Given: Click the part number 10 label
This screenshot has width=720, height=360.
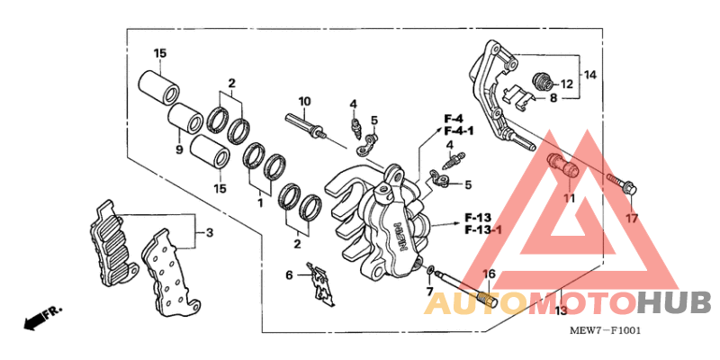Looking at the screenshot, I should tap(304, 100).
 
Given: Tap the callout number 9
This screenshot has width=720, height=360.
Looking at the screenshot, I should tap(179, 149).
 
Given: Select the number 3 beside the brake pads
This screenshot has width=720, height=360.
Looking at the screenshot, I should tap(209, 233).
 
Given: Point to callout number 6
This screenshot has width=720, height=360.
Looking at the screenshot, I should tap(290, 274).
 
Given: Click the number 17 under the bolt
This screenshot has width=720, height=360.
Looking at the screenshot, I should tap(632, 219).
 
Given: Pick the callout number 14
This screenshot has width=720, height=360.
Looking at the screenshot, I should tap(589, 75).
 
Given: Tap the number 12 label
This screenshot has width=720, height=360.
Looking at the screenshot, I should tap(568, 83).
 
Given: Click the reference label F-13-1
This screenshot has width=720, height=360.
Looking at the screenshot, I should tap(483, 230).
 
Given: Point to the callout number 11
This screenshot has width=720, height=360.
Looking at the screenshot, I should tap(568, 197).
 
